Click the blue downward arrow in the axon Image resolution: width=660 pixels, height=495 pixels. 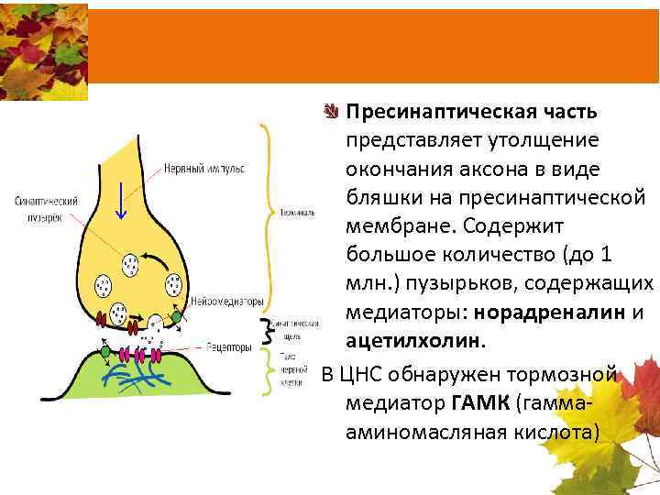pos(120,203)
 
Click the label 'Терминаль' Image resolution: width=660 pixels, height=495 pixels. pos(299,213)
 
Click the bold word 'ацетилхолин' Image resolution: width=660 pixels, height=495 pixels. pos(413,341)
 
